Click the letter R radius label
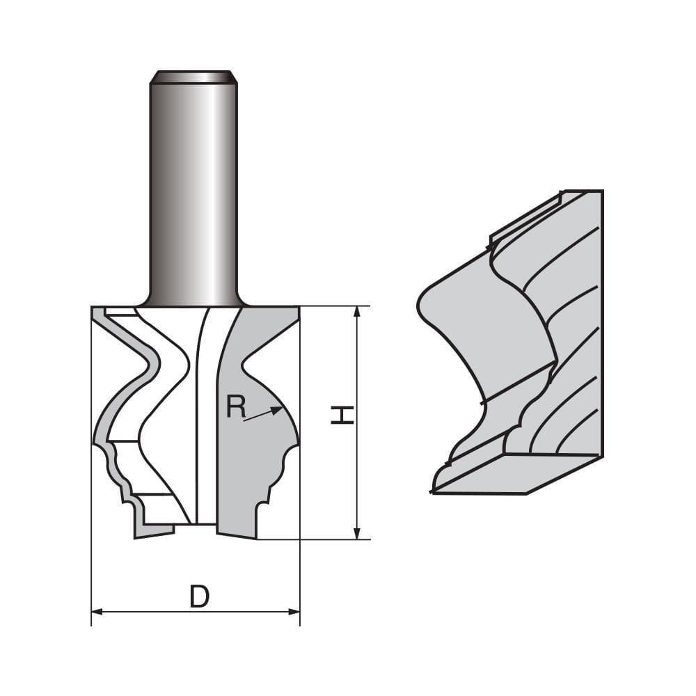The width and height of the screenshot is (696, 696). [x=236, y=407]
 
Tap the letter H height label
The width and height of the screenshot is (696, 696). [x=342, y=416]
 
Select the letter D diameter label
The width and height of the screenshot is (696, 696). [x=199, y=596]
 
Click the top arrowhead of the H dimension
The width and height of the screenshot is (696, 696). [x=357, y=311]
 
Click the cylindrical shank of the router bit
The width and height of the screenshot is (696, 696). [x=193, y=188]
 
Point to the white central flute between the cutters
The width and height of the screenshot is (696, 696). [x=207, y=418]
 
